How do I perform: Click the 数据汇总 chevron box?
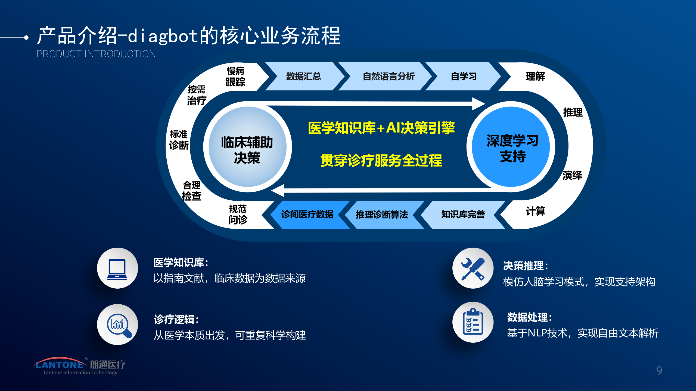click(303, 77)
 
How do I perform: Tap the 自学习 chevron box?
click(463, 77)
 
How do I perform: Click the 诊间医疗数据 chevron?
click(307, 215)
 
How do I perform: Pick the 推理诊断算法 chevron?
click(382, 215)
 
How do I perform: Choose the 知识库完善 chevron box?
click(463, 215)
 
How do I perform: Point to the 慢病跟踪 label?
click(235, 77)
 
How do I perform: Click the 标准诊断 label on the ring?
click(179, 140)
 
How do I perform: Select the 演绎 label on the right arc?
click(572, 175)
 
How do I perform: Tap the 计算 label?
click(535, 211)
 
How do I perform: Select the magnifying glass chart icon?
click(117, 324)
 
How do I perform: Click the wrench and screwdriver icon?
click(473, 268)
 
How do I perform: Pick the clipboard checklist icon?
click(473, 322)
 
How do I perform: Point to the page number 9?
click(659, 371)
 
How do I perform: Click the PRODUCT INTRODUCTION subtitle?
click(96, 54)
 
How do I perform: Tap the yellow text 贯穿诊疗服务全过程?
click(381, 160)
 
